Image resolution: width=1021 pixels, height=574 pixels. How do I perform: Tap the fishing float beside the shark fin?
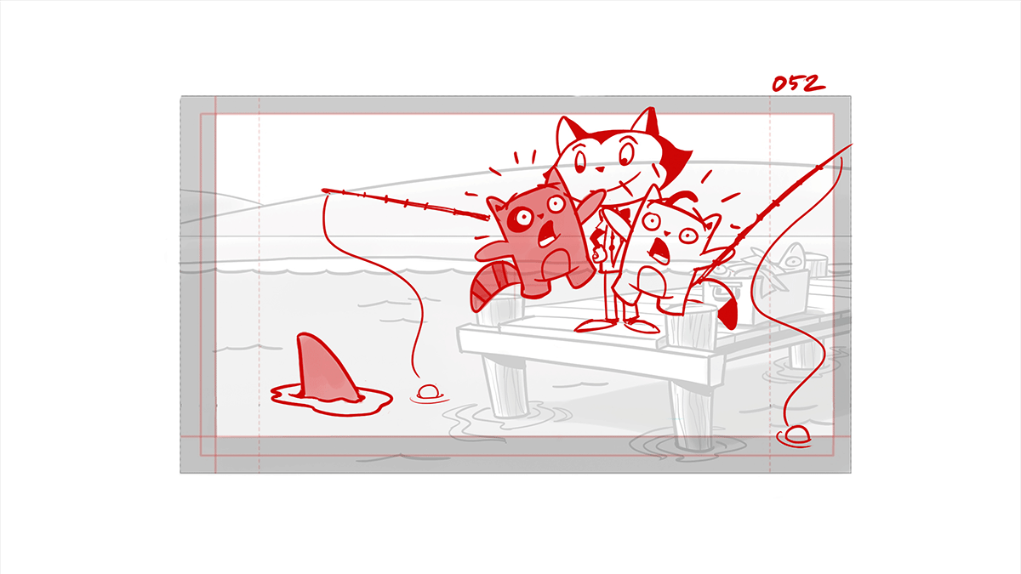(x=428, y=392)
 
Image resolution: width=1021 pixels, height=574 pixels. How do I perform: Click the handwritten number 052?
(x=798, y=83)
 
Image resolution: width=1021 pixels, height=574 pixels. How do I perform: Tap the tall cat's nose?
(x=601, y=169)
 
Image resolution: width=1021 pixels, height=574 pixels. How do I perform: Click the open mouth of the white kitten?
(x=659, y=250)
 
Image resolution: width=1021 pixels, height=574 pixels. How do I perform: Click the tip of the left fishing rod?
(x=323, y=190)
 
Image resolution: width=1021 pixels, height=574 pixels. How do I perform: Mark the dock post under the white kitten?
(x=690, y=327)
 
